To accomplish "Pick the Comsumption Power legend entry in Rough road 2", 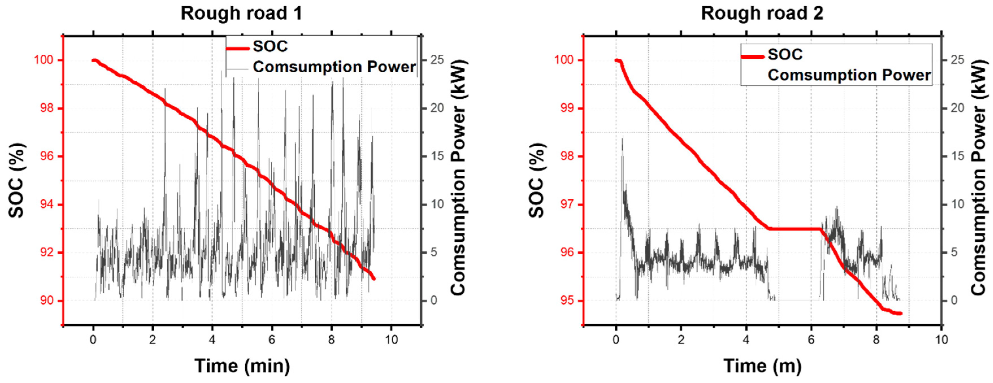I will [849, 75].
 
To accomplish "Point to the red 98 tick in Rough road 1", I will [47, 108].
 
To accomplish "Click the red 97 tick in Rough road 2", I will [567, 204].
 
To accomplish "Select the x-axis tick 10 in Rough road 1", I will [391, 340].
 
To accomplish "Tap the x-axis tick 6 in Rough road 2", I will [811, 340].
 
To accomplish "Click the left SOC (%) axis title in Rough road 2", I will [536, 180].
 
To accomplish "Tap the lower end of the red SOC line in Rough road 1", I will [373, 278].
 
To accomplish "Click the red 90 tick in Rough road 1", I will [47, 301].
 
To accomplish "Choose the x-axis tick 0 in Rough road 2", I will [616, 340].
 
